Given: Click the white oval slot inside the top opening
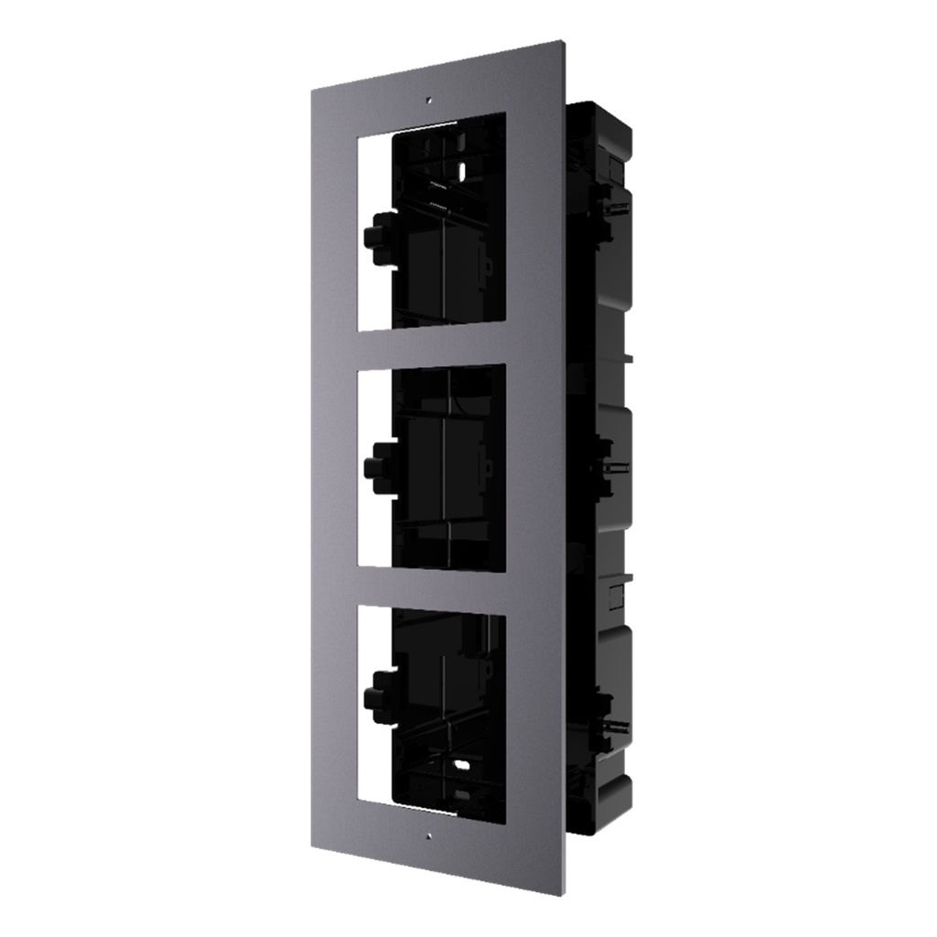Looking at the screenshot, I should click(461, 167).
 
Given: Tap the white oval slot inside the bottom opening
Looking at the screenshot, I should click(460, 761).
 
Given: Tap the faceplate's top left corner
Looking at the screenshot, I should click(312, 90).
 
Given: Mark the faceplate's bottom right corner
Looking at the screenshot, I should click(565, 893).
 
